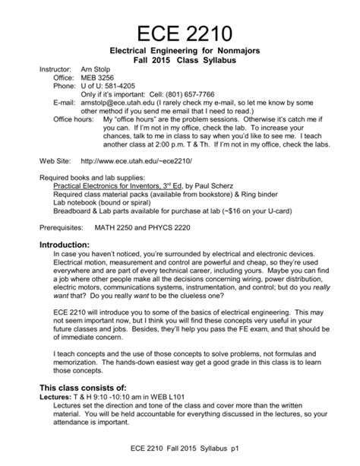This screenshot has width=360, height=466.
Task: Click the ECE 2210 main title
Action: (179, 33)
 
